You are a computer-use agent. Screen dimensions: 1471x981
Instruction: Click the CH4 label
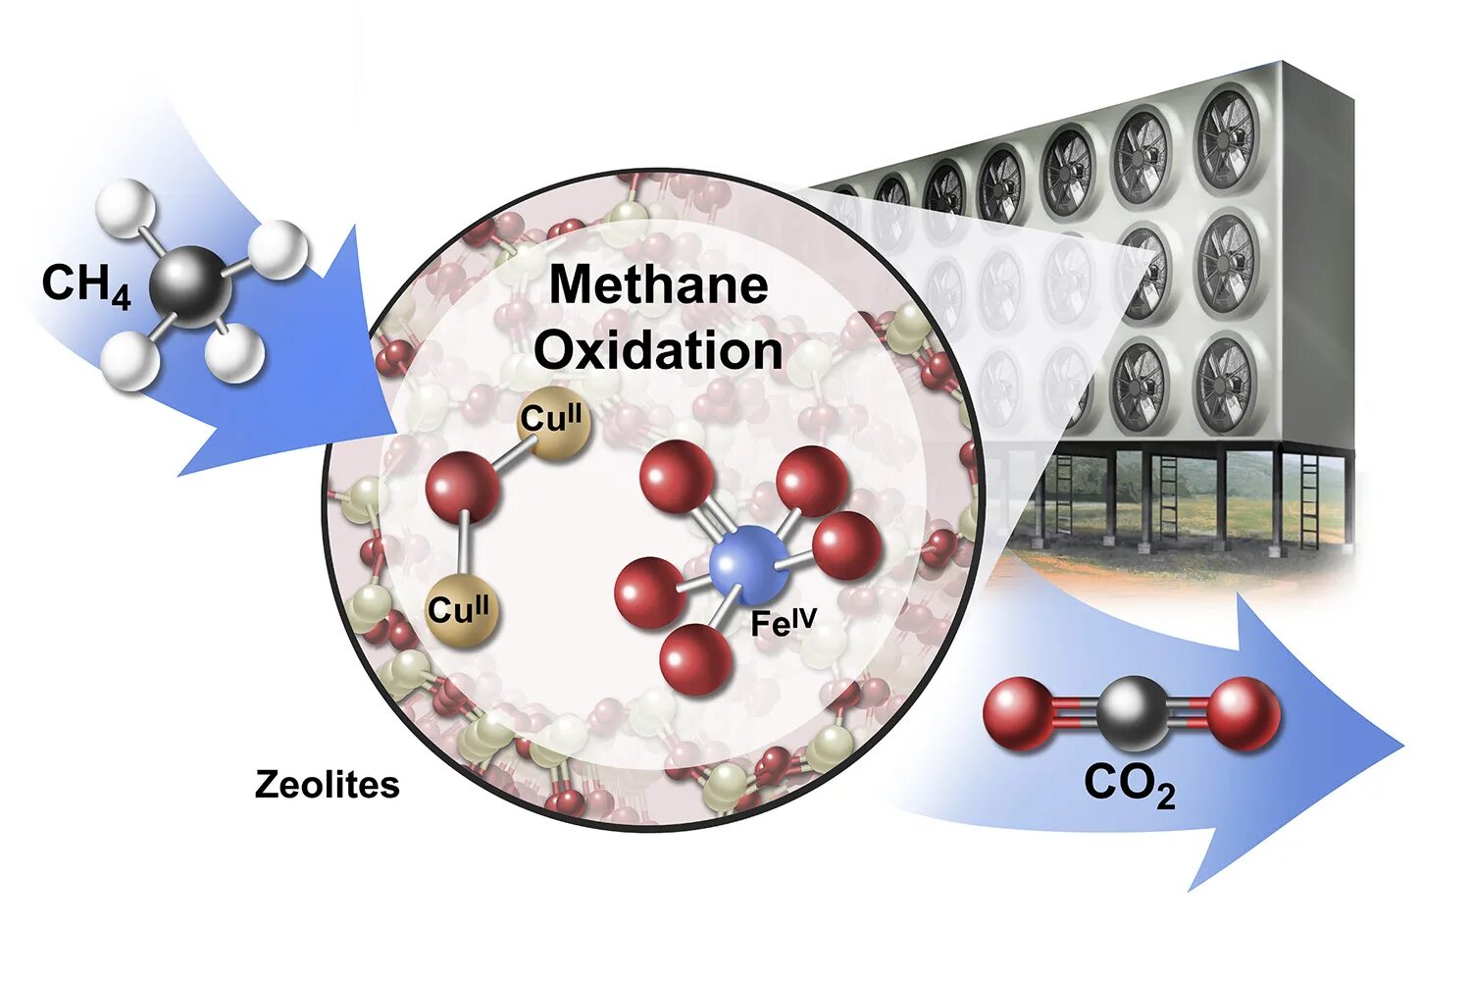click(x=86, y=285)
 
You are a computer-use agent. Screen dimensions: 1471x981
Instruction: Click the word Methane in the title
click(x=658, y=285)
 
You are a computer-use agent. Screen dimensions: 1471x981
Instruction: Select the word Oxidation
click(x=658, y=350)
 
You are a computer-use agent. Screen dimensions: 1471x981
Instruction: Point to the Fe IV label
click(x=784, y=620)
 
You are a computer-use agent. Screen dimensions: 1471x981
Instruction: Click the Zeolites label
click(x=328, y=785)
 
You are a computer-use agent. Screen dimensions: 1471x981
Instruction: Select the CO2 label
click(x=1129, y=785)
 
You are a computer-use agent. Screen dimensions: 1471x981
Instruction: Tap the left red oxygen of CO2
click(x=1019, y=713)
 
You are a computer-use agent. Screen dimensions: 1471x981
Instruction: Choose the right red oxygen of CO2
click(x=1243, y=713)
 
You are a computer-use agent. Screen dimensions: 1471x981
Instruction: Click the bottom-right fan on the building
click(x=1224, y=384)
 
